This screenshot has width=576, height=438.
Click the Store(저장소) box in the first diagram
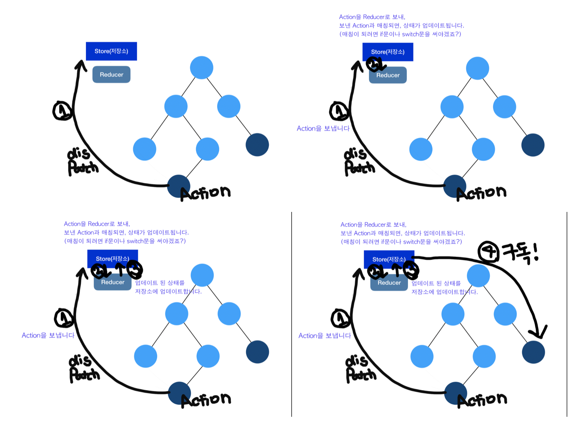(111, 51)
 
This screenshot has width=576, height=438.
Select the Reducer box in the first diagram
(111, 75)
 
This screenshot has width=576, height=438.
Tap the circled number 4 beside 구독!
(488, 252)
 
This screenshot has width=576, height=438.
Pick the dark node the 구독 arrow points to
(533, 352)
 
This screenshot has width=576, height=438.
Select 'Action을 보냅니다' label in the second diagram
(323, 128)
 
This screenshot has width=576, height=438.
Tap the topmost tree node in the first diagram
(202, 67)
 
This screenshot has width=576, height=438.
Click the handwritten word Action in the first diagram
(205, 193)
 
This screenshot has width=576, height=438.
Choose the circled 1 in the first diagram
(63, 111)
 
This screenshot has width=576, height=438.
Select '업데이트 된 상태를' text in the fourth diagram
(436, 283)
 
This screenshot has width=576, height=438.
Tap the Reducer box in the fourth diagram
(389, 283)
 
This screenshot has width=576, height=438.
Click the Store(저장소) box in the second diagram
(388, 52)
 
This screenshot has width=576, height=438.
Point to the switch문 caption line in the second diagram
(400, 34)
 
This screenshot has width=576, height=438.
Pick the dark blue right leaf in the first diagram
(257, 144)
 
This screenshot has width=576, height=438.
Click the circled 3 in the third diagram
(134, 270)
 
